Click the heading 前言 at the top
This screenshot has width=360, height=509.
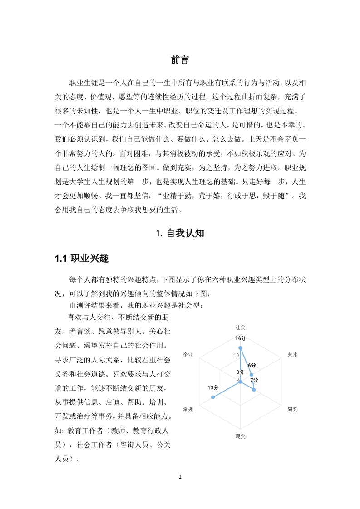click(180, 60)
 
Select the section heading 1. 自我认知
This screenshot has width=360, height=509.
click(180, 233)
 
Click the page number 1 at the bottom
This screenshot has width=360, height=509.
click(180, 476)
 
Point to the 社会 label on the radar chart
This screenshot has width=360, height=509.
click(240, 327)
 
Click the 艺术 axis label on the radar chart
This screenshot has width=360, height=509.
click(293, 354)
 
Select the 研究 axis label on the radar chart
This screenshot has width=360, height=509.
click(293, 409)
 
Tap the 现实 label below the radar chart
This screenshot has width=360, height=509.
click(240, 436)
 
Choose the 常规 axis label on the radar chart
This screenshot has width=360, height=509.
click(187, 409)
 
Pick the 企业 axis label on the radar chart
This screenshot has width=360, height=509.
click(187, 354)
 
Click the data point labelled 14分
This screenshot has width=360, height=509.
click(240, 348)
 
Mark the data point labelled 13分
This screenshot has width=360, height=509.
click(213, 397)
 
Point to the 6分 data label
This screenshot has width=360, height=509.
click(252, 365)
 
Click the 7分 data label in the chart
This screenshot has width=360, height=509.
click(254, 380)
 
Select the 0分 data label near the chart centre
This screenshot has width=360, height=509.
click(240, 372)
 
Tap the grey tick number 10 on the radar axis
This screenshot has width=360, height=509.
click(237, 355)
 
